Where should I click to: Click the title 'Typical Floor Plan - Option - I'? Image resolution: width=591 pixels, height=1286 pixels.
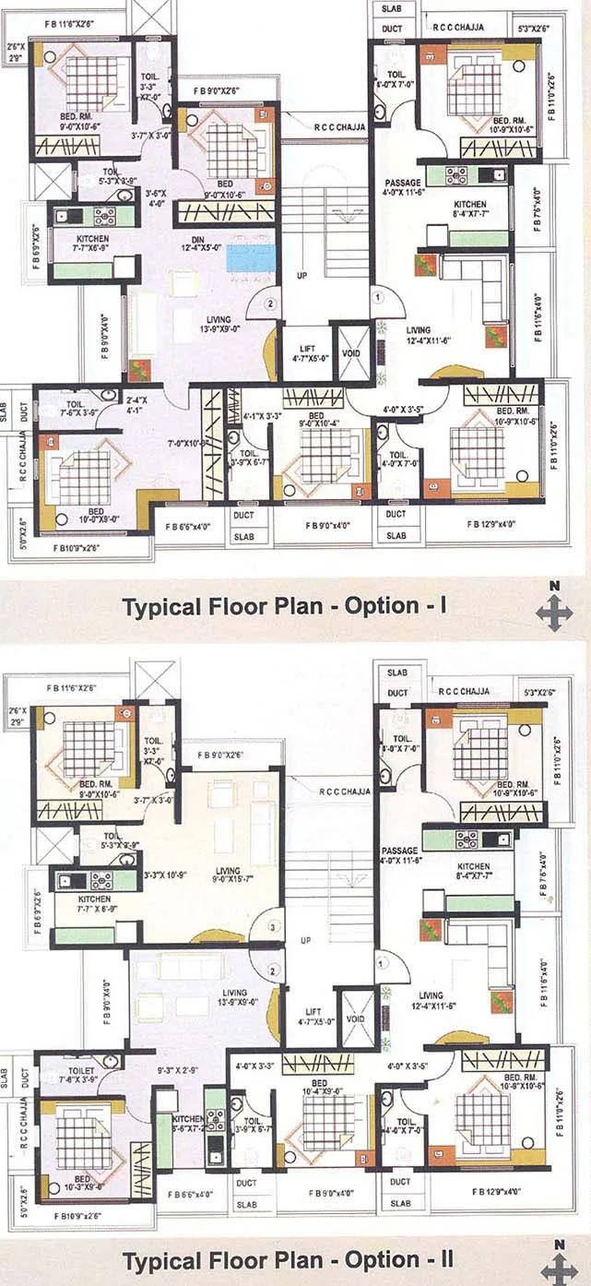pyautogui.click(x=285, y=606)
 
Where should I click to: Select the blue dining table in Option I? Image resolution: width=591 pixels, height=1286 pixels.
pyautogui.click(x=251, y=256)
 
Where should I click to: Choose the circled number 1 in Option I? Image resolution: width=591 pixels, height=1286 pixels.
pyautogui.click(x=376, y=297)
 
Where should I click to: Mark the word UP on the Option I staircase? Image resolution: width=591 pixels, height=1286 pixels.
pyautogui.click(x=301, y=274)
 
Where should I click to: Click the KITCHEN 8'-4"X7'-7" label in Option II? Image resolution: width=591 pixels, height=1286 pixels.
pyautogui.click(x=474, y=873)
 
